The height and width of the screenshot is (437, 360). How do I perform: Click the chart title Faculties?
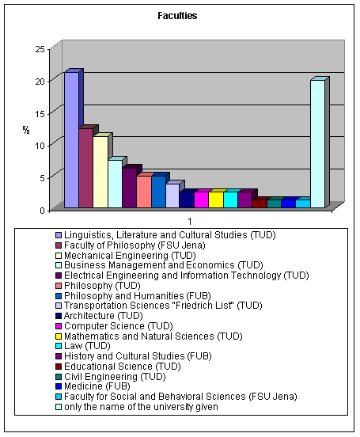[x=177, y=16]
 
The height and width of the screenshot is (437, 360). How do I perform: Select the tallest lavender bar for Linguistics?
[x=72, y=140]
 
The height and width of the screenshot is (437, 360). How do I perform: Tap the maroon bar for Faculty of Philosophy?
[x=85, y=168]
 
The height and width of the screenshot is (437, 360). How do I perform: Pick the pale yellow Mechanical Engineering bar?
[x=100, y=172]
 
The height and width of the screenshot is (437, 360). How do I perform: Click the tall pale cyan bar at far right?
[x=317, y=144]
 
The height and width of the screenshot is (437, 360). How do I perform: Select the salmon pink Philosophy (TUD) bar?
[x=144, y=192]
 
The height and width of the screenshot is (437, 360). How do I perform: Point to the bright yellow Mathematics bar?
[x=216, y=199]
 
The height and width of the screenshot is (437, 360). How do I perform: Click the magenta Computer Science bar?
[x=202, y=199]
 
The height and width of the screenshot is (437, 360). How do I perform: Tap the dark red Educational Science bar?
[x=260, y=203]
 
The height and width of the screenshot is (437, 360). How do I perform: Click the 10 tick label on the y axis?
[x=40, y=145]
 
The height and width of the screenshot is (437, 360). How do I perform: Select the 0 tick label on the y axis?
[x=43, y=210]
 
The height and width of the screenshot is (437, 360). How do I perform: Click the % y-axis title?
[x=26, y=130]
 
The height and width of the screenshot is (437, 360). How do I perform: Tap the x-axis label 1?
[x=190, y=222]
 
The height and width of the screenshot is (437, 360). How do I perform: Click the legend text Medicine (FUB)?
[x=97, y=386]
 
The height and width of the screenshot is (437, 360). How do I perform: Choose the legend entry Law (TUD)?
[x=87, y=346]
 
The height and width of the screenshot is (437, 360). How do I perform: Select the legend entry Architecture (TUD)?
[x=104, y=316]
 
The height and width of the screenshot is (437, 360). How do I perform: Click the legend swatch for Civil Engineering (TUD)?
[x=59, y=377]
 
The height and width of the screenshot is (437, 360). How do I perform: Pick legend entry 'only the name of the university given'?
[x=141, y=407]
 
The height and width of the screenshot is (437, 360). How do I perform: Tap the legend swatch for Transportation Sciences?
[x=59, y=306]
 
